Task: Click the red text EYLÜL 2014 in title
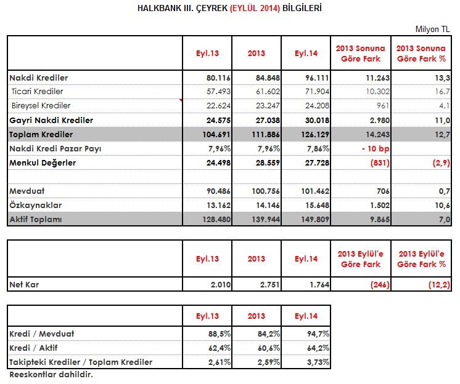(x=255, y=8)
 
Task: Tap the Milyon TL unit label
(x=432, y=30)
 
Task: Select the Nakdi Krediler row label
(x=39, y=78)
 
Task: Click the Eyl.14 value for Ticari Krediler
(x=317, y=92)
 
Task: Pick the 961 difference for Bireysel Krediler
(x=383, y=106)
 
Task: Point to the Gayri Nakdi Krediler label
(x=51, y=120)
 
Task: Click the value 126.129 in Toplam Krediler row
(x=315, y=135)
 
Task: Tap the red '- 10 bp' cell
(x=376, y=149)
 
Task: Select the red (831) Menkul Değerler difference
(x=380, y=162)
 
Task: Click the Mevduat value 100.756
(x=266, y=191)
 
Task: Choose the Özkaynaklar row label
(x=36, y=205)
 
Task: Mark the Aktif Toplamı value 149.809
(x=315, y=220)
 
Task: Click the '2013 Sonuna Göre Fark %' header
(x=421, y=54)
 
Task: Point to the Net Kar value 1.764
(x=319, y=284)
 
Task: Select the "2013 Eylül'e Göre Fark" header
(x=361, y=259)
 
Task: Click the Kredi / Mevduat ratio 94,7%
(x=318, y=334)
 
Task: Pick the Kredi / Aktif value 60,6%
(x=269, y=348)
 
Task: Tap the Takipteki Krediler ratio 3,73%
(x=318, y=362)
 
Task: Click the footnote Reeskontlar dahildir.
(x=51, y=375)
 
